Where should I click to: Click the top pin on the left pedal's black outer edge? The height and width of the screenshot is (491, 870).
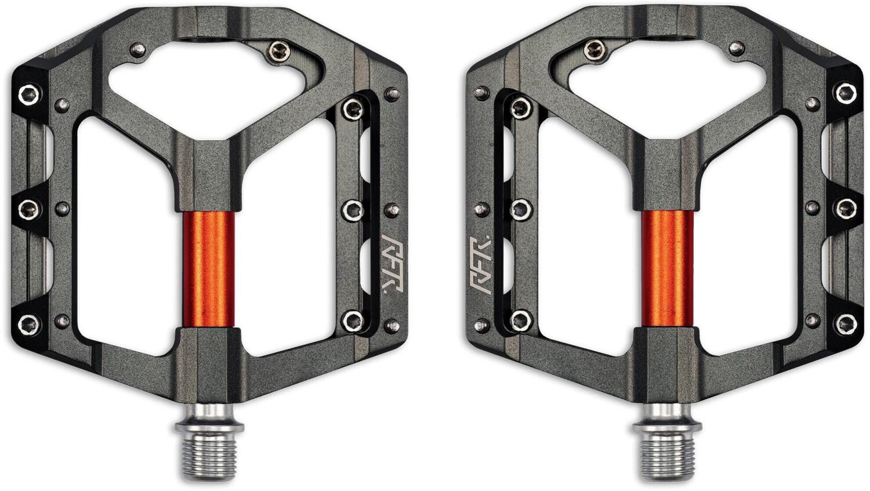[27, 93]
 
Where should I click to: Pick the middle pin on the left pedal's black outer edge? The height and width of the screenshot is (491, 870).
[27, 207]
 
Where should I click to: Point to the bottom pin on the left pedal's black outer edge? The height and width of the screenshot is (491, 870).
[27, 322]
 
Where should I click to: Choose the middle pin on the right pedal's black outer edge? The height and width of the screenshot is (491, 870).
[846, 207]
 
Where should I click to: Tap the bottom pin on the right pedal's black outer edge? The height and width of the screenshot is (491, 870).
[846, 322]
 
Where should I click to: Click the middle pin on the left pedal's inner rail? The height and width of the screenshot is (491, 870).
[351, 210]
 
